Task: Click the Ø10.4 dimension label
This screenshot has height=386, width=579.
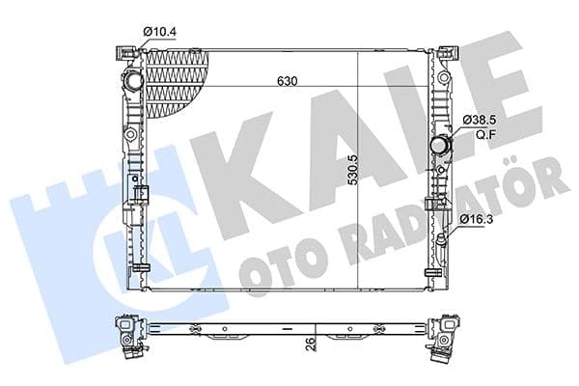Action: pyautogui.click(x=160, y=32)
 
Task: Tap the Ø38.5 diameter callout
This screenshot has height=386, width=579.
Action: pyautogui.click(x=479, y=119)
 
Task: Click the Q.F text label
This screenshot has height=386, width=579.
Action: pyautogui.click(x=480, y=134)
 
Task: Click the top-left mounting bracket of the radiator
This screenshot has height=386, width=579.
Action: pyautogui.click(x=123, y=51)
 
